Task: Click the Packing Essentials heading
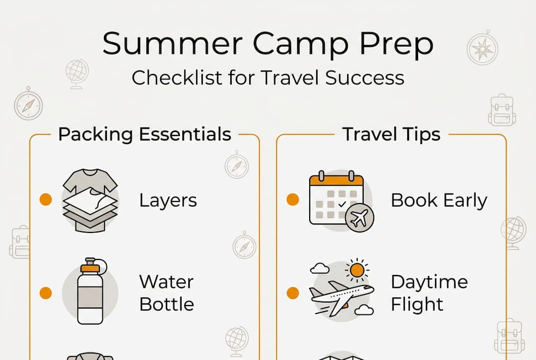click(144, 134)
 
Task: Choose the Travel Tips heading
click(391, 134)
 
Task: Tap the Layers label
click(168, 200)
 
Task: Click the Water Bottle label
click(166, 293)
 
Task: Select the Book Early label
click(439, 200)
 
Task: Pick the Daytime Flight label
click(429, 293)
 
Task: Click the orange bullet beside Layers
click(45, 200)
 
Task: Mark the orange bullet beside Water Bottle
click(45, 293)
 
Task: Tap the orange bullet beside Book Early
click(293, 200)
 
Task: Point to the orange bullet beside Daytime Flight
click(293, 293)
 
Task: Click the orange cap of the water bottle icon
click(90, 268)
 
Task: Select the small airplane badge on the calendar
click(359, 218)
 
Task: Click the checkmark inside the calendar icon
click(342, 204)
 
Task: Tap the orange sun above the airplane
click(357, 270)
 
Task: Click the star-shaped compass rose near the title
click(482, 49)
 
